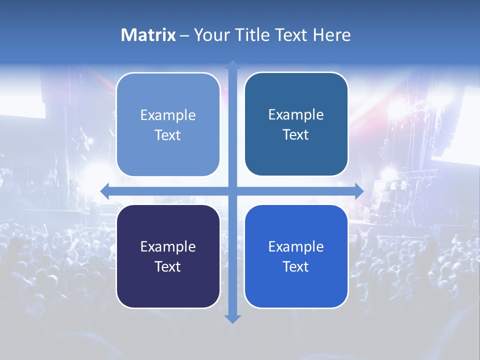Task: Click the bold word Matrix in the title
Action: [148, 35]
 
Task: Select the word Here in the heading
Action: [331, 35]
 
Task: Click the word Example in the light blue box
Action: [168, 115]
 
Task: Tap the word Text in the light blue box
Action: [168, 135]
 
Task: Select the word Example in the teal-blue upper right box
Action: [296, 115]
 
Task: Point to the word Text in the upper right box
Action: [296, 134]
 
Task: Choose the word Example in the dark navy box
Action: [168, 246]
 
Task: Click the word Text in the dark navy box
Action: [168, 266]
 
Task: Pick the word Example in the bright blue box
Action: [296, 246]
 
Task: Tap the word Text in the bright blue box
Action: [296, 266]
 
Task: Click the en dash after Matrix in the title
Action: [184, 36]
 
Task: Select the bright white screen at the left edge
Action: [20, 100]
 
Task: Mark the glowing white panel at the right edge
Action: [462, 125]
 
